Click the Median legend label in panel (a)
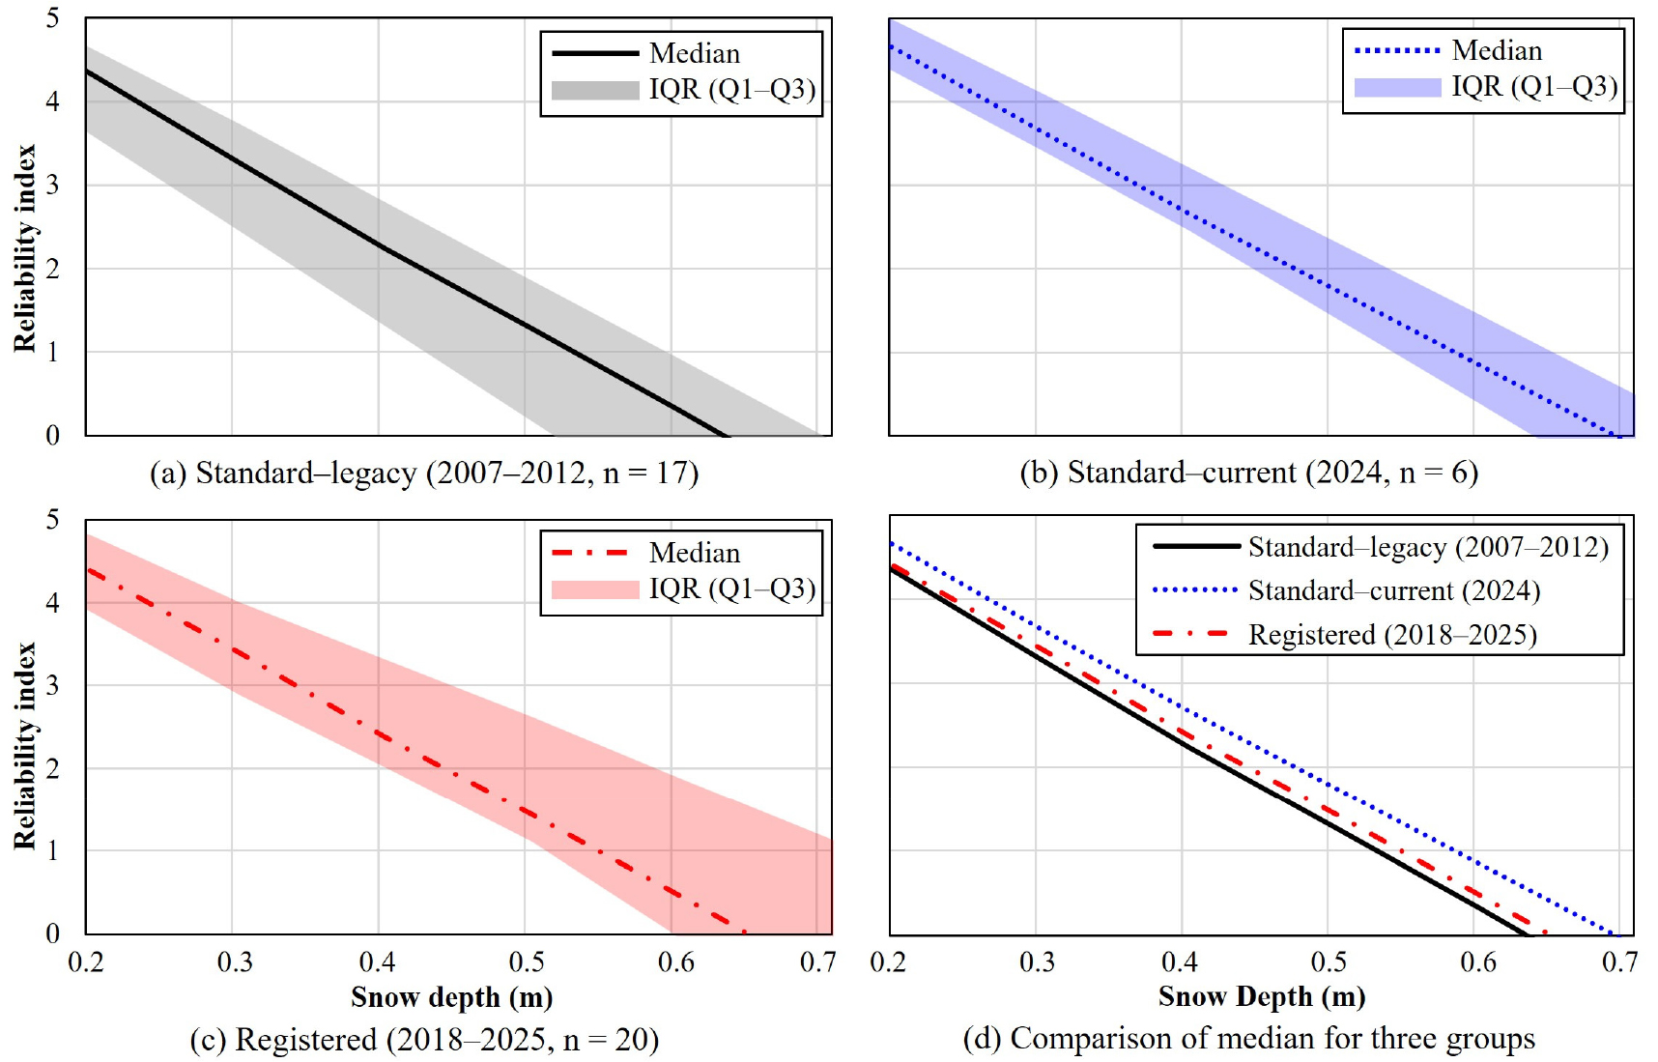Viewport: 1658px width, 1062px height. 694,53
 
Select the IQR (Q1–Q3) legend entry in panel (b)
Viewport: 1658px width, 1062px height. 1533,87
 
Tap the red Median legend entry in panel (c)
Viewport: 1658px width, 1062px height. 694,553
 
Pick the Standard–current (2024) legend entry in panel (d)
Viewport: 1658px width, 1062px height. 1393,590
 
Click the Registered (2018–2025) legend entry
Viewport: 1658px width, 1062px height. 1391,635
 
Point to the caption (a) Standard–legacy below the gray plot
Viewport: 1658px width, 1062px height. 424,473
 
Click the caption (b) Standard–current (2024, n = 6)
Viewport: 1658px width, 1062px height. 1248,473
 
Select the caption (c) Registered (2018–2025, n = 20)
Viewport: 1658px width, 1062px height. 424,1040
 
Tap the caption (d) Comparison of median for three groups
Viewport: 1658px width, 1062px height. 1248,1039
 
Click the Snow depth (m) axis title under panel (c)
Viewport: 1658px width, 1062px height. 451,997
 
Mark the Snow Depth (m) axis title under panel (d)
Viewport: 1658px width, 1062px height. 1261,996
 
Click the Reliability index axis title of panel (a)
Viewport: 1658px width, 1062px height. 24,248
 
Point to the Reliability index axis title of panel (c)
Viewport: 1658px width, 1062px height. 24,746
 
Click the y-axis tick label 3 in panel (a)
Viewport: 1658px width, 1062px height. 52,185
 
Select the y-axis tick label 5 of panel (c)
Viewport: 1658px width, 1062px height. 52,520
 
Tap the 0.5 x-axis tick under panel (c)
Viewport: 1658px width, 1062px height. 527,962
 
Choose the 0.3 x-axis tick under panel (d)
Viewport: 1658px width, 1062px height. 1037,962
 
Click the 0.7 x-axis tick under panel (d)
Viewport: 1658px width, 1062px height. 1620,962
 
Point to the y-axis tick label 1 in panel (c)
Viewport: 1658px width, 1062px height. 52,851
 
